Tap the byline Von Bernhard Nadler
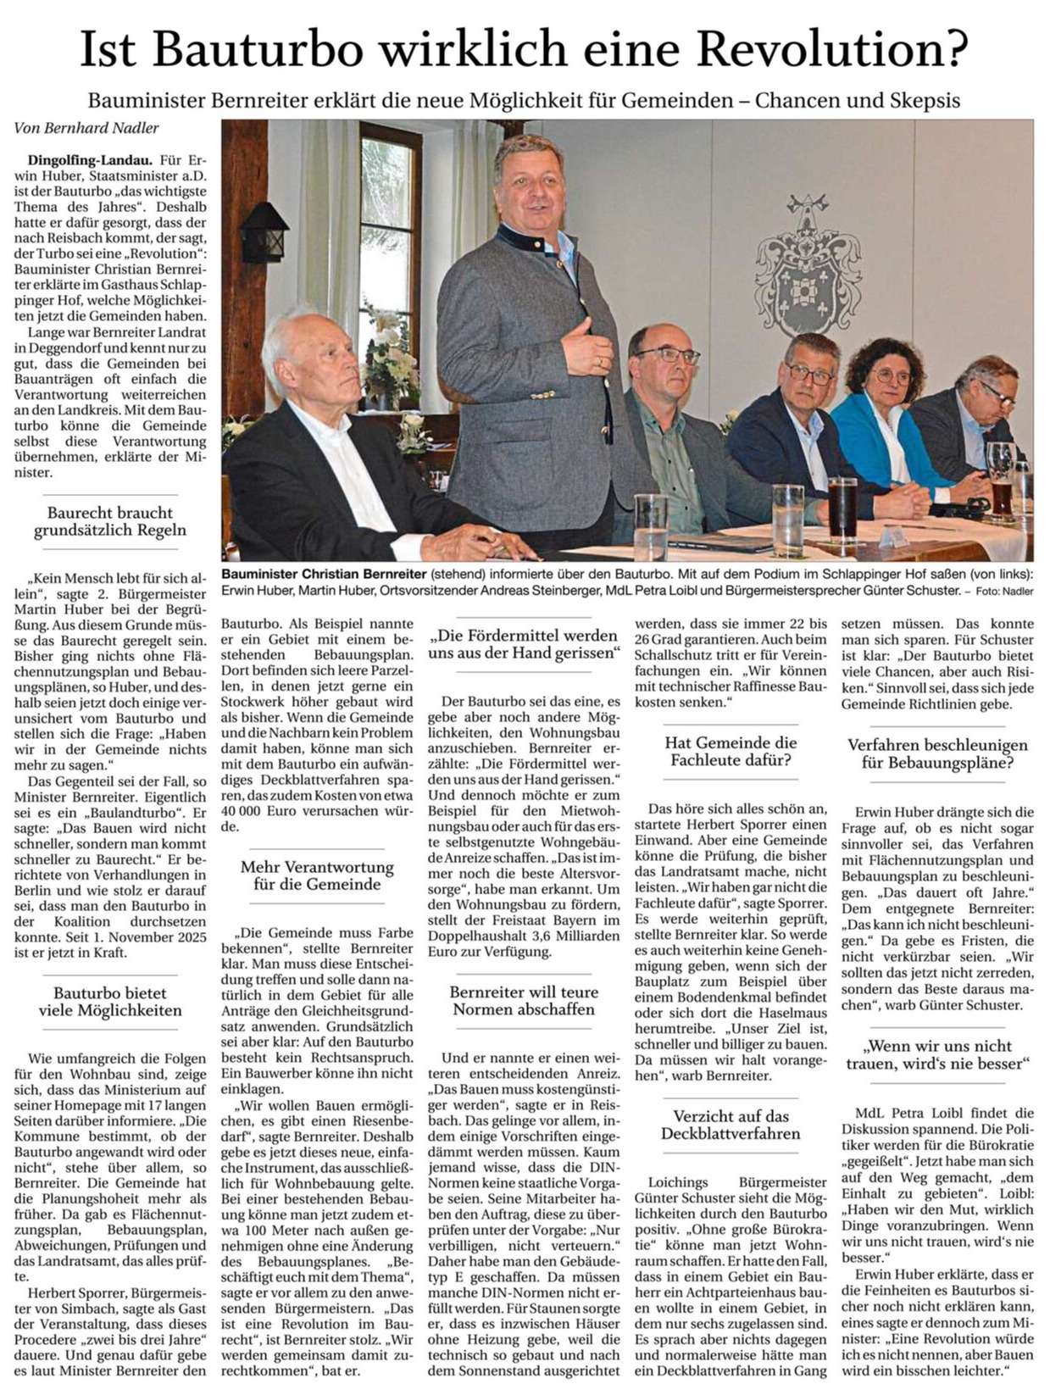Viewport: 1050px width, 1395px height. pyautogui.click(x=86, y=128)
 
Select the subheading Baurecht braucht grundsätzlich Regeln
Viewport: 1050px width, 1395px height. pyautogui.click(x=110, y=521)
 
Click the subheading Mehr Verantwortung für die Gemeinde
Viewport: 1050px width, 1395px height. pyautogui.click(x=317, y=875)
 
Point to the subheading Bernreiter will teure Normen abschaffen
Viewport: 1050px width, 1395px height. pyautogui.click(x=524, y=1000)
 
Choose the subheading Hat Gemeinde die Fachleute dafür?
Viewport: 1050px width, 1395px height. pyautogui.click(x=731, y=751)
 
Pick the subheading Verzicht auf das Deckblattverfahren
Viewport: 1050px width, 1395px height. pyautogui.click(x=731, y=1125)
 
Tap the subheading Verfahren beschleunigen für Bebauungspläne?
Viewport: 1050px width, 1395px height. pyautogui.click(x=937, y=753)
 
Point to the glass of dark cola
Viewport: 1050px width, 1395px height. pyautogui.click(x=842, y=508)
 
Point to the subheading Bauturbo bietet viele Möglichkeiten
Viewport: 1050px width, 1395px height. pyautogui.click(x=110, y=1001)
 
